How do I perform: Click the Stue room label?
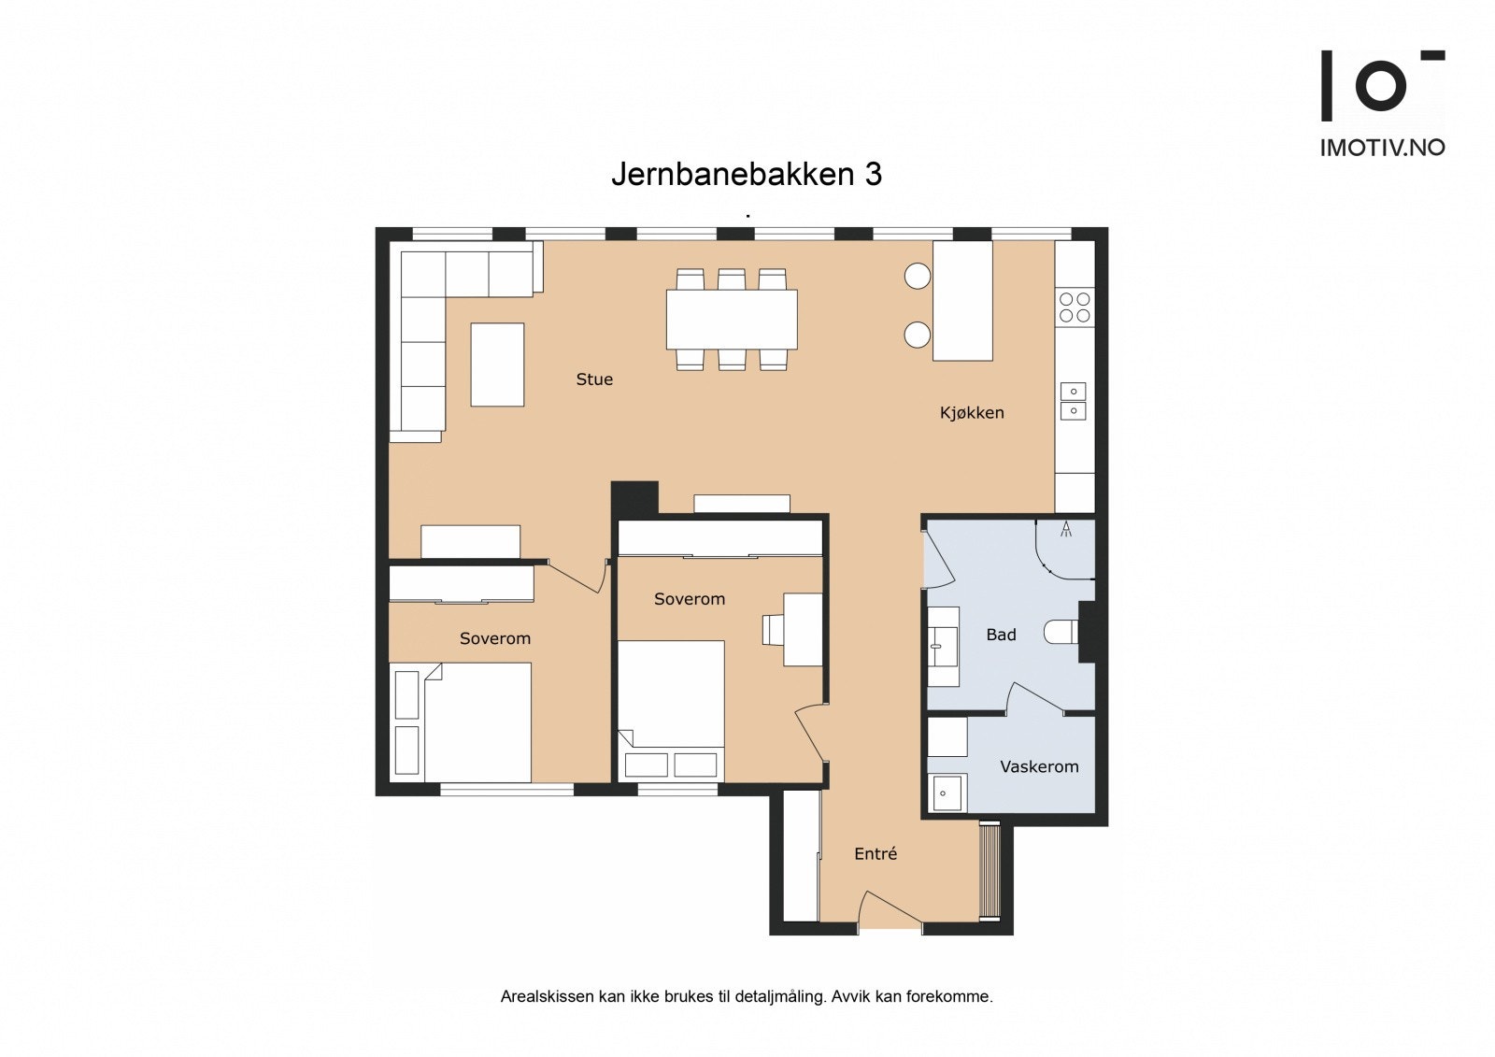pos(594,379)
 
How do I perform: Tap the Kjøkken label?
pos(972,412)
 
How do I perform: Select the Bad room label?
pos(1001,635)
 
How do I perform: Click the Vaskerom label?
pos(1039,766)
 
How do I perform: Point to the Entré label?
pos(876,853)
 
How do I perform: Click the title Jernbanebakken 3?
pos(747,174)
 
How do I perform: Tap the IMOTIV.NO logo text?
pos(1382,147)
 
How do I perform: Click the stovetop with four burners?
pos(1075,307)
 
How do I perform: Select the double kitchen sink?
pos(1073,401)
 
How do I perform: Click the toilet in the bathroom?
pos(1062,633)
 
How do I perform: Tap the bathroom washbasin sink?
pos(942,646)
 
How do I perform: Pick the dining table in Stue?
pos(732,319)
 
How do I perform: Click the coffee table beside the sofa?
pos(497,364)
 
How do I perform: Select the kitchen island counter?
pos(962,300)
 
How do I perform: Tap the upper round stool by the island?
pos(918,276)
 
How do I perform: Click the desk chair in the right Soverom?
pos(774,629)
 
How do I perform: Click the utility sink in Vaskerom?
pos(947,793)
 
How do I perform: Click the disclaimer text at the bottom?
pos(747,996)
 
